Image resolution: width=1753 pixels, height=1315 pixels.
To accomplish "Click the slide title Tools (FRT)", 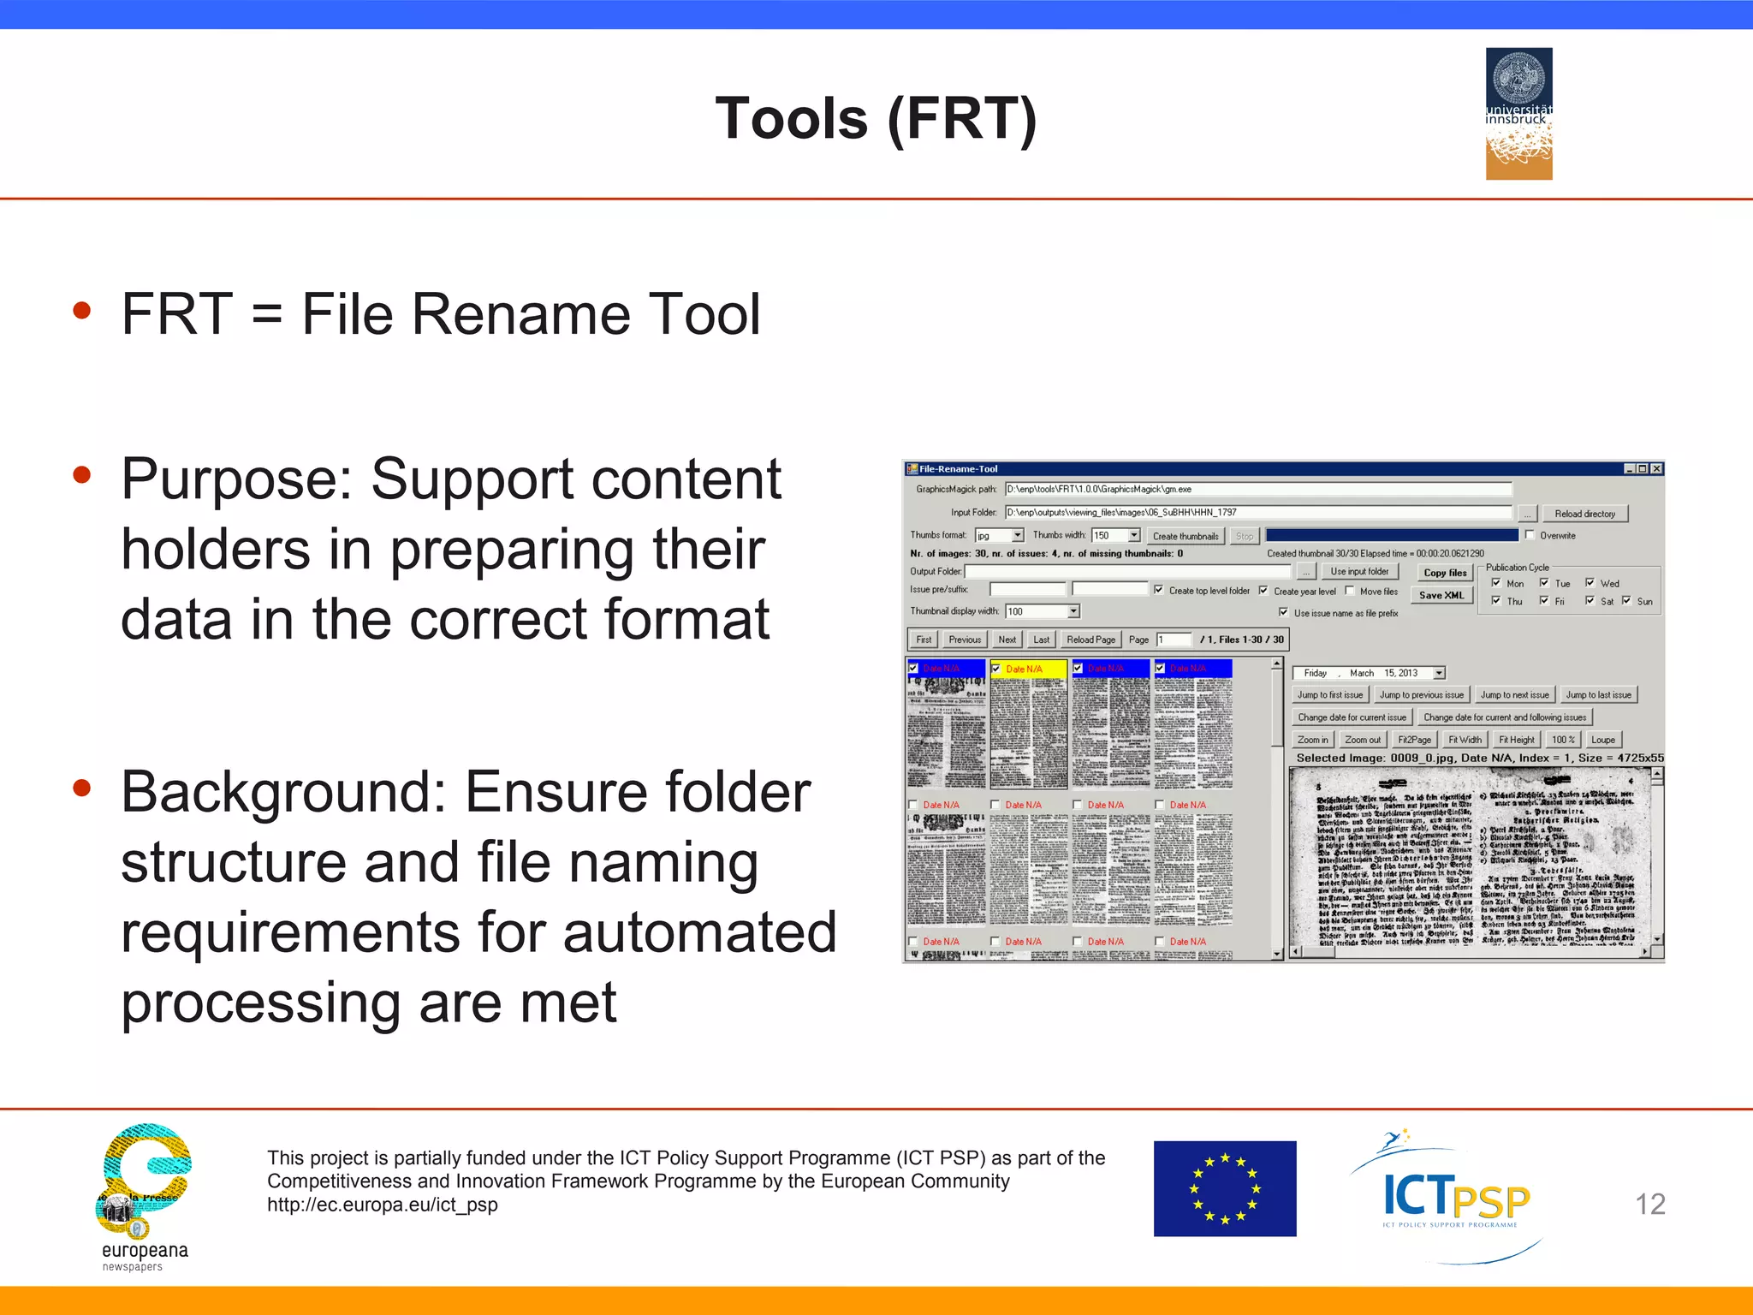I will pyautogui.click(x=876, y=118).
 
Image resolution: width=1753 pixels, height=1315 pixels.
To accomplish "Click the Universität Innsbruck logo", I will pyautogui.click(x=1518, y=113).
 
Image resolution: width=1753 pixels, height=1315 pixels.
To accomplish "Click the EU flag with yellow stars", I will pyautogui.click(x=1224, y=1188).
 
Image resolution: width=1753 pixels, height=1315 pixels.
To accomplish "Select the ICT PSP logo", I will pyautogui.click(x=1455, y=1199).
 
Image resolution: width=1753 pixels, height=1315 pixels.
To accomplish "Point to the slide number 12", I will pyautogui.click(x=1649, y=1204).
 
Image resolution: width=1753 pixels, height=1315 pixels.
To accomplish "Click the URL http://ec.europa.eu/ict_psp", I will pyautogui.click(x=382, y=1205).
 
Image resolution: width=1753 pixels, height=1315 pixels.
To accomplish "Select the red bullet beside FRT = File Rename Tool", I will pyautogui.click(x=82, y=310).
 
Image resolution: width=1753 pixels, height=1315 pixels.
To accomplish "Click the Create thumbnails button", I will pyautogui.click(x=1185, y=536).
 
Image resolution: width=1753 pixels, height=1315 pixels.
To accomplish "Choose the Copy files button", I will pyautogui.click(x=1445, y=573).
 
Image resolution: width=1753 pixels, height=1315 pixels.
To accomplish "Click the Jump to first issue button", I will pyautogui.click(x=1329, y=695).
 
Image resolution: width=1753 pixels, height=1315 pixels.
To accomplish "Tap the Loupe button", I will pyautogui.click(x=1602, y=740).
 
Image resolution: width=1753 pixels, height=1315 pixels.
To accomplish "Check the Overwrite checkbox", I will pyautogui.click(x=1530, y=535).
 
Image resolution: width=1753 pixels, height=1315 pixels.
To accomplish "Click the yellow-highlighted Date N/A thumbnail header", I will pyautogui.click(x=1028, y=669).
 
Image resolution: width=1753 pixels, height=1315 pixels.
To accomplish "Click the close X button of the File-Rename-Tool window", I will pyautogui.click(x=1656, y=468).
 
